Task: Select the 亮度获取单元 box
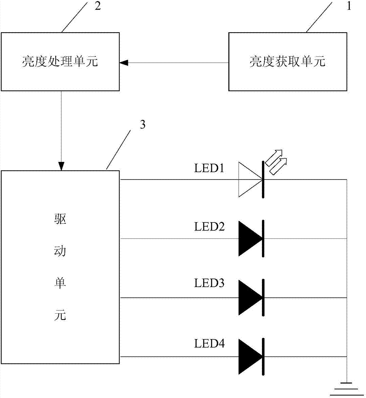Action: point(287,62)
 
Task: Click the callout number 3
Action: point(143,125)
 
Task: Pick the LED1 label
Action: point(209,169)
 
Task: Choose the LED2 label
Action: point(209,227)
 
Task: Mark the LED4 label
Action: point(209,343)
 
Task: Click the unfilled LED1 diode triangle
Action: point(250,179)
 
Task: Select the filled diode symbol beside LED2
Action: point(251,238)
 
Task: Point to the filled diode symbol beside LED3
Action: point(251,297)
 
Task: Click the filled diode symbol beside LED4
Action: point(251,356)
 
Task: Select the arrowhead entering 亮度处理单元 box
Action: point(123,62)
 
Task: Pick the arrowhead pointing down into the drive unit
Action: point(61,166)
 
